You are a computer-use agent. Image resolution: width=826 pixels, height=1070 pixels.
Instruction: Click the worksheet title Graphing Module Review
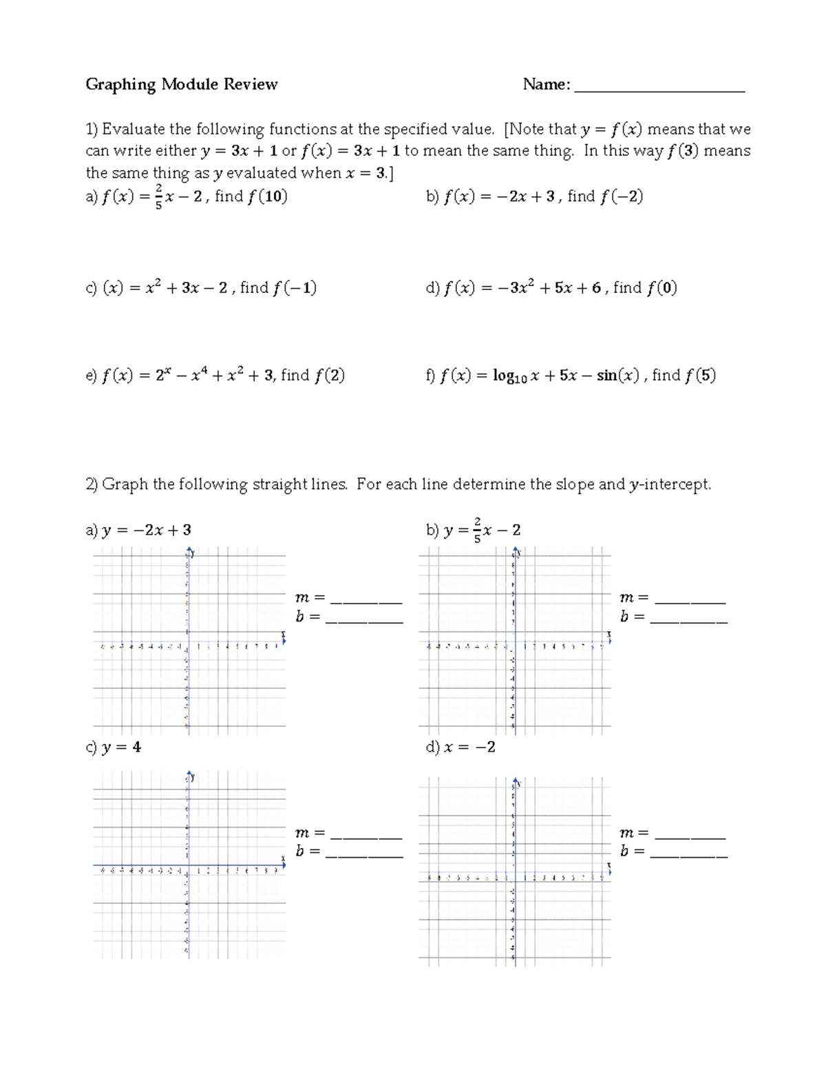pos(181,85)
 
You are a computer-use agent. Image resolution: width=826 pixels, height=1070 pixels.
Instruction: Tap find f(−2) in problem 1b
pos(605,197)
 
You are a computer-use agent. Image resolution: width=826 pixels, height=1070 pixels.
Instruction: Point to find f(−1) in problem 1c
pos(278,288)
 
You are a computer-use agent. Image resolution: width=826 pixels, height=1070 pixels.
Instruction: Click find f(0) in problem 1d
pos(645,288)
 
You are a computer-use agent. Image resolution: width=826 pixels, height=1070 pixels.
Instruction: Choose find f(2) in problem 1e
pos(313,375)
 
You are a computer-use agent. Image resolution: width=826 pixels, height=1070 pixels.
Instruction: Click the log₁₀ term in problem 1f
pos(510,376)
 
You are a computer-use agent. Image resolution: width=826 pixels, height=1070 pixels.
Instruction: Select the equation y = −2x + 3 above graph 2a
pos(146,530)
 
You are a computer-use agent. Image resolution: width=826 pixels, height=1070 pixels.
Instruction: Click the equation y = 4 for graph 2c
pos(121,747)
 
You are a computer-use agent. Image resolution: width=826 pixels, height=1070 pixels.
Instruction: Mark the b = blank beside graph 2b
pos(688,619)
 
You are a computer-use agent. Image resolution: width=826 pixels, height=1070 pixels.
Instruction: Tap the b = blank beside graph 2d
pos(688,854)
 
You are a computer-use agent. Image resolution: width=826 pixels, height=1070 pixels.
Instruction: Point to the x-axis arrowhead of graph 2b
pos(609,639)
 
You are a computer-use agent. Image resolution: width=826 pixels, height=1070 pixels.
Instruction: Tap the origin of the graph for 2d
pos(514,872)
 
